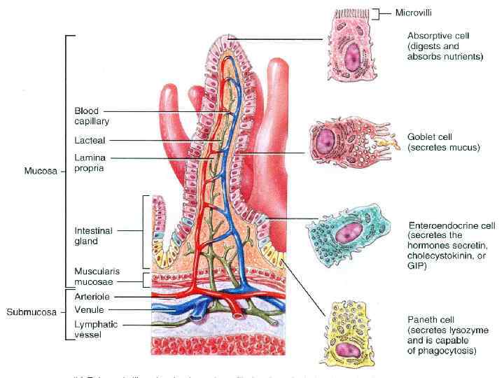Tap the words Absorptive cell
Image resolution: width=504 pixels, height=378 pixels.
(437, 34)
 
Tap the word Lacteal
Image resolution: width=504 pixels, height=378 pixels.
(90, 140)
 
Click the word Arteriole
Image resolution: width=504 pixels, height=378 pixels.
(91, 297)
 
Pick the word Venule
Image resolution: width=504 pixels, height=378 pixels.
(89, 309)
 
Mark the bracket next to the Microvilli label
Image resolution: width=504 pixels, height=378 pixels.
(377, 13)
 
